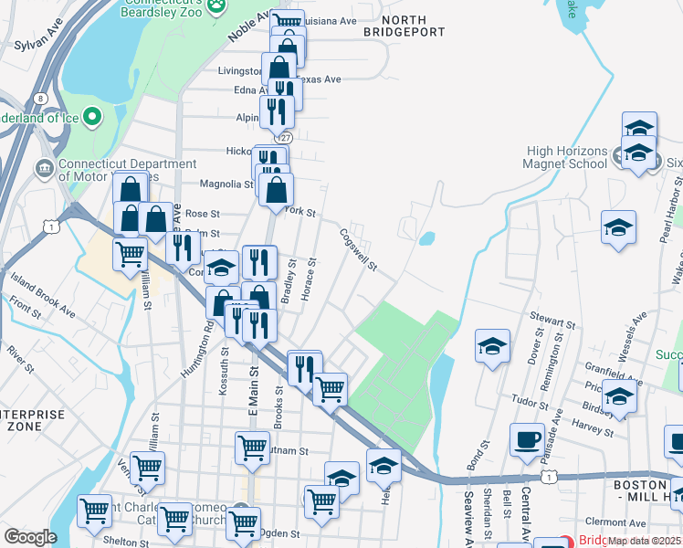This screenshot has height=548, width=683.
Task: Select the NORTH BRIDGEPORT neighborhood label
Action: click(404, 26)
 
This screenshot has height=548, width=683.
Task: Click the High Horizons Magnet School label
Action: click(566, 157)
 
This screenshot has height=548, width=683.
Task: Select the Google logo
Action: click(30, 537)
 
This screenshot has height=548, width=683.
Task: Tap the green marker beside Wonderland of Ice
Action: click(92, 116)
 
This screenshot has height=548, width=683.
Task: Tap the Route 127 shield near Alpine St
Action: click(286, 137)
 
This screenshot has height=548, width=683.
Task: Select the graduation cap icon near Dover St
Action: click(492, 346)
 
